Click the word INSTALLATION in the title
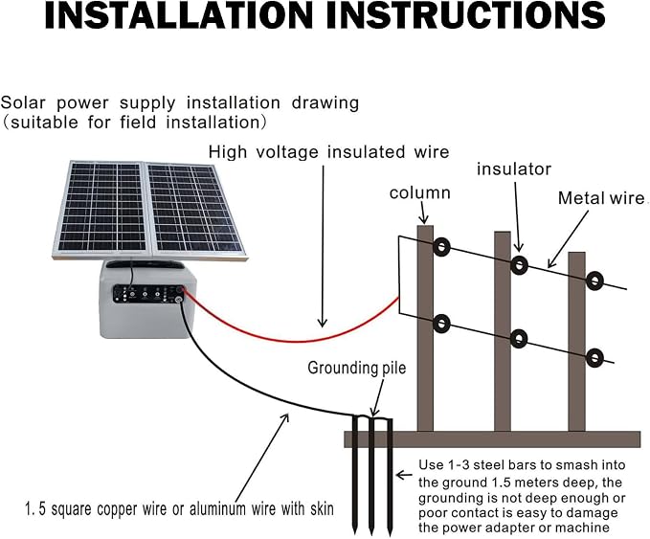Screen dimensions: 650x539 point(178,15)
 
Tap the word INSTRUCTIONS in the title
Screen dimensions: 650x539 point(466,15)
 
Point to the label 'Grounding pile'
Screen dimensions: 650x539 point(357,369)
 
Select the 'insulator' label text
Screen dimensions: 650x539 point(514,169)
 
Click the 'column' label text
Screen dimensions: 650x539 point(420,193)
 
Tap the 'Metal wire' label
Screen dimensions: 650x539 point(600,198)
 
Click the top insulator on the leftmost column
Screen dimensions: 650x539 point(441,248)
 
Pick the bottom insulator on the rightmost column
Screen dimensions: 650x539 point(594,357)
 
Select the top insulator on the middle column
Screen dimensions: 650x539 point(519,265)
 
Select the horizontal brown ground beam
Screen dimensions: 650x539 point(492,439)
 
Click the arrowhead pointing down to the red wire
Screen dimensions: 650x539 point(322,323)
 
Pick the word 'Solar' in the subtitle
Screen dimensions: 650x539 point(22,103)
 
